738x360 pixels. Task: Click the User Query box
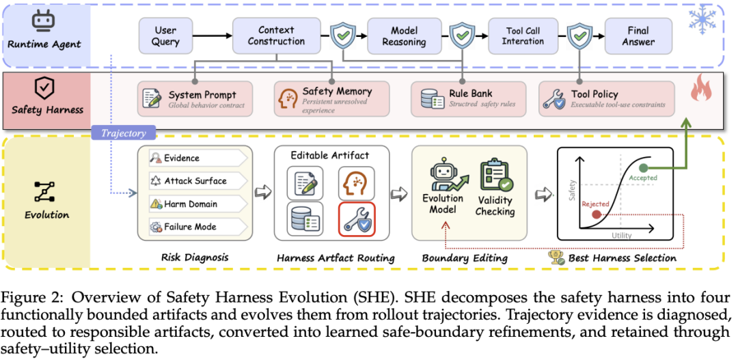(165, 36)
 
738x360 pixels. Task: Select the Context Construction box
(276, 36)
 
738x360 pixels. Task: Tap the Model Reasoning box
(404, 36)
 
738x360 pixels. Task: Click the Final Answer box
(638, 36)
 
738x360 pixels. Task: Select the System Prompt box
(195, 99)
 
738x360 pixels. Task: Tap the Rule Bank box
(467, 99)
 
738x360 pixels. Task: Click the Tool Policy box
(606, 99)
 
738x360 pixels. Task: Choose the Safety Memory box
(332, 99)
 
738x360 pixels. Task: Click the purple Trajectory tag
(125, 133)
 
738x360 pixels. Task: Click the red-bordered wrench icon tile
(356, 219)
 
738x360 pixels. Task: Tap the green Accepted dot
(644, 168)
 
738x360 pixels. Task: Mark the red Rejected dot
(597, 214)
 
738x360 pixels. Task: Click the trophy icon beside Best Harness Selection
(557, 257)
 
